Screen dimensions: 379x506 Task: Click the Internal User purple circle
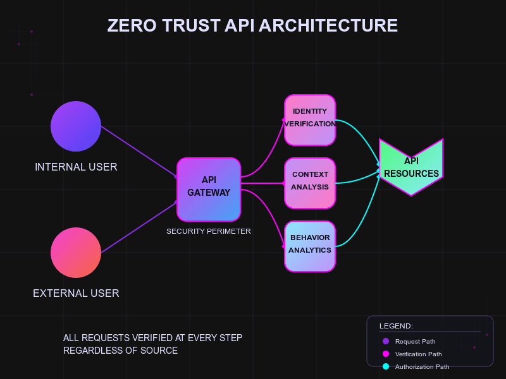pos(76,126)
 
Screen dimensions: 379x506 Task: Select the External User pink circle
pos(76,253)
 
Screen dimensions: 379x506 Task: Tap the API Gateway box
pos(209,189)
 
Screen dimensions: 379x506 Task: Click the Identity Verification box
pos(310,117)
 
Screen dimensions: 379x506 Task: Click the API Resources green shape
pos(411,167)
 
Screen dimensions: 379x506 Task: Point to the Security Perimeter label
pos(209,231)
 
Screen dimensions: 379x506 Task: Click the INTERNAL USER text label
pos(76,167)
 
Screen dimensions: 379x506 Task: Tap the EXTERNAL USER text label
pos(76,293)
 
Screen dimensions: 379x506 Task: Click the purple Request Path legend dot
pos(386,341)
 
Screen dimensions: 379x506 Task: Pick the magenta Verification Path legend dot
pos(386,354)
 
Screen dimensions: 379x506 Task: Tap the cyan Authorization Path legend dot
pos(386,366)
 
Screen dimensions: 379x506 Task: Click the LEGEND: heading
pos(396,326)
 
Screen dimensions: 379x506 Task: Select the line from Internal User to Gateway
pos(139,152)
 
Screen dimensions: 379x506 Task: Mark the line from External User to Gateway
pos(139,227)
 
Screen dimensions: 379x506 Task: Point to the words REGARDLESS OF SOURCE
pos(120,350)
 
